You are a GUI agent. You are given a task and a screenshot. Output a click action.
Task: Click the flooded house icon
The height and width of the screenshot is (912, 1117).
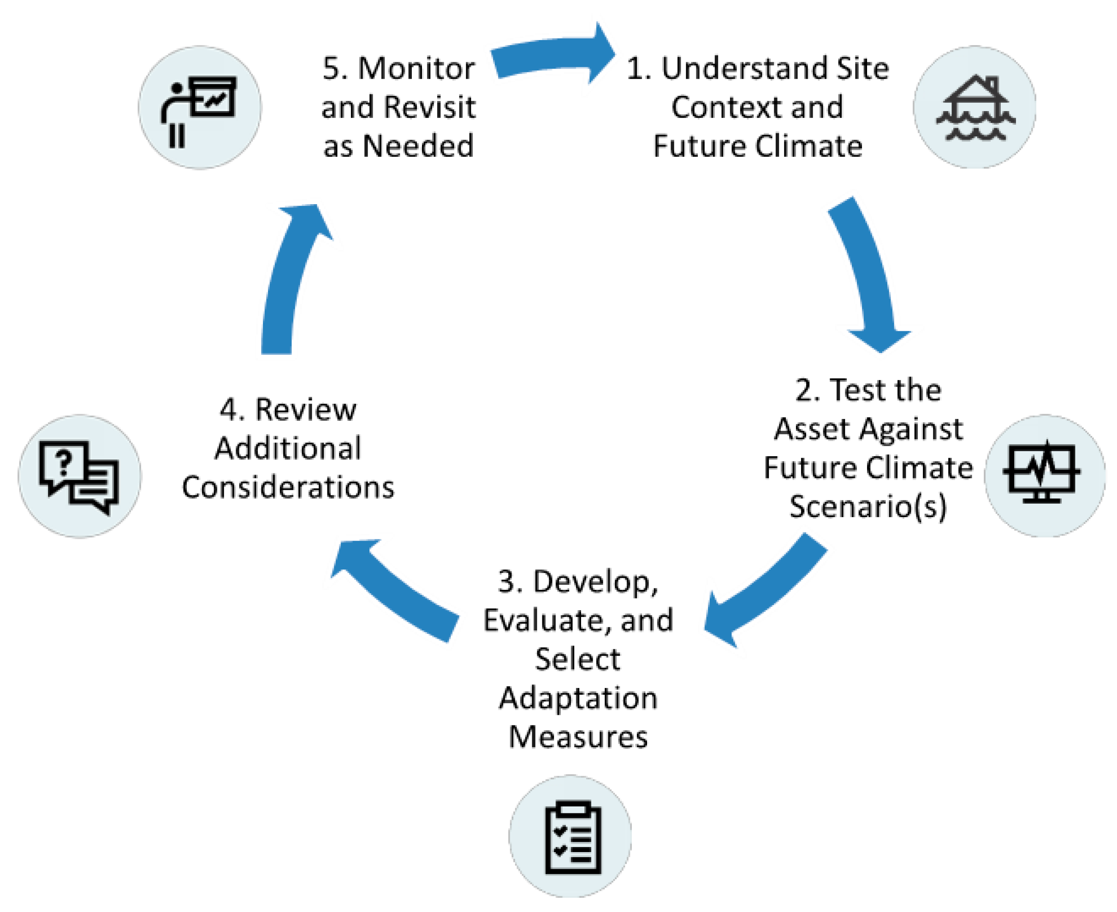pyautogui.click(x=975, y=108)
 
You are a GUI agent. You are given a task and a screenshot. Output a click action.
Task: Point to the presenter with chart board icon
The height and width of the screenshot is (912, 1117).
pyautogui.click(x=199, y=108)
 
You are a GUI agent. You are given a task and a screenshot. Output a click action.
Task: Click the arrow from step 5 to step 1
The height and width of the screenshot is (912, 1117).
pyautogui.click(x=552, y=55)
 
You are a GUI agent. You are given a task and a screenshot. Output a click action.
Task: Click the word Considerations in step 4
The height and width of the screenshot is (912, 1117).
pyautogui.click(x=288, y=488)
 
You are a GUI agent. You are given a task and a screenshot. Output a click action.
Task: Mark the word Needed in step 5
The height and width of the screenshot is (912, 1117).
pyautogui.click(x=418, y=146)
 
